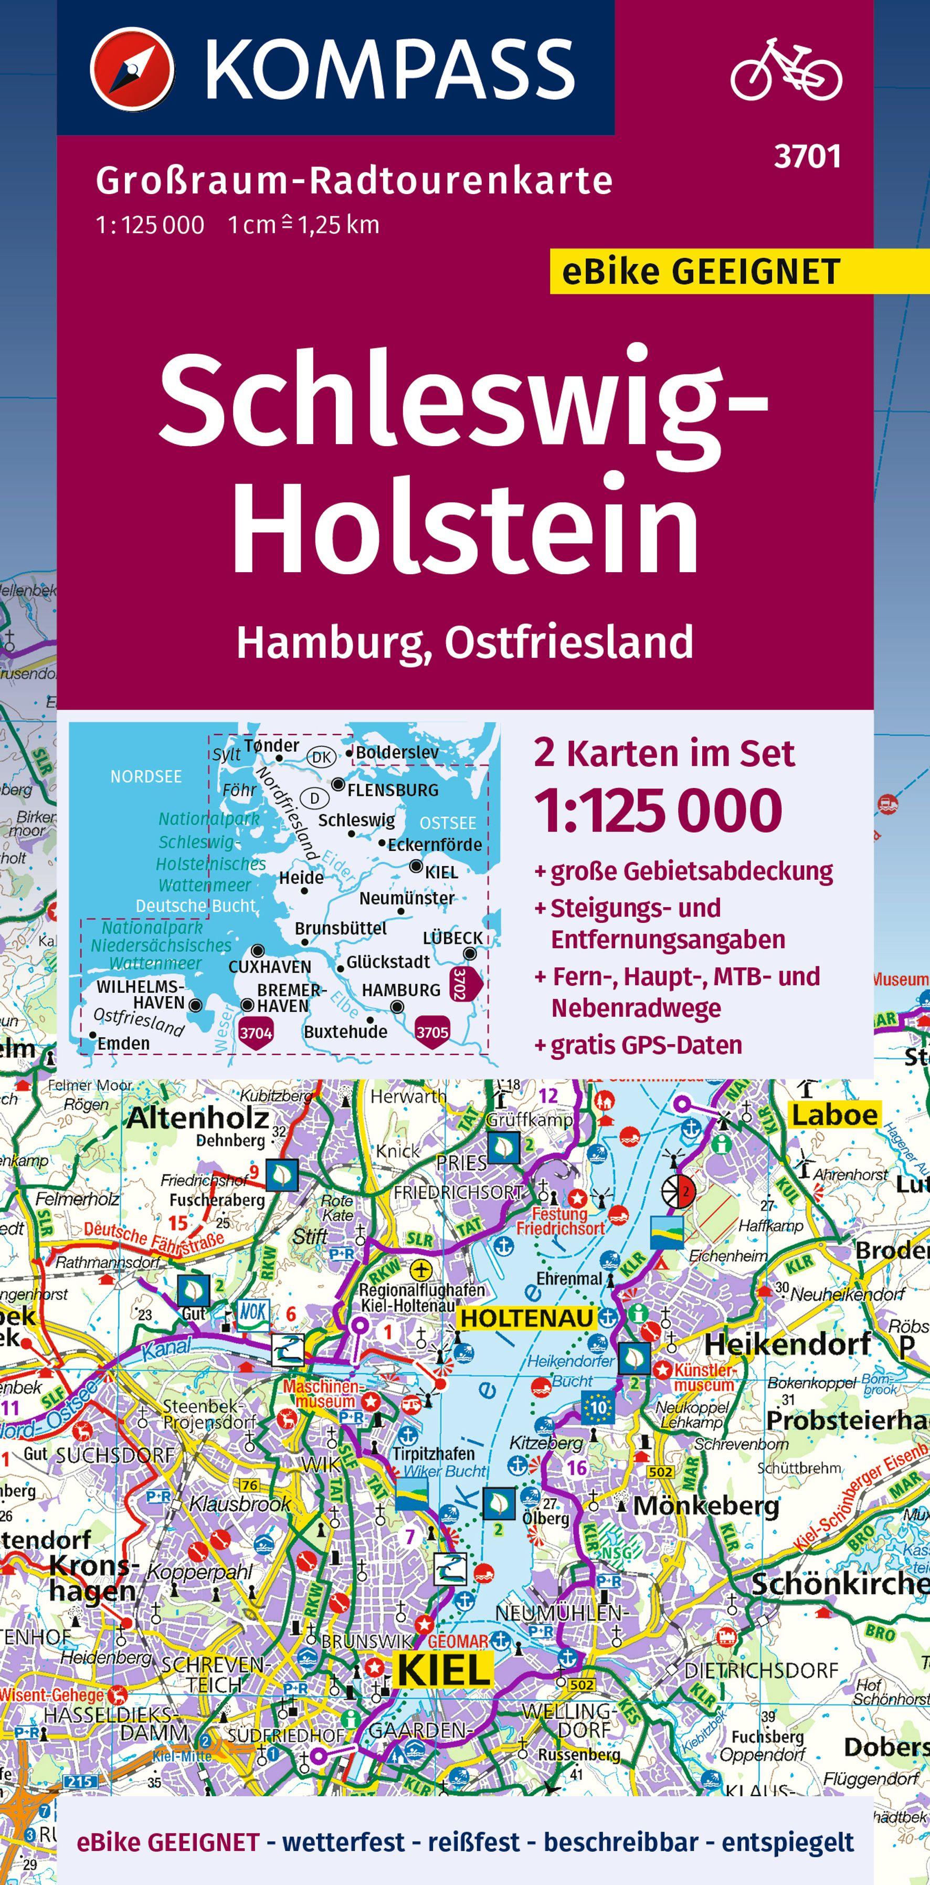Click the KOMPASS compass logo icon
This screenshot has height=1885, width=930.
(132, 68)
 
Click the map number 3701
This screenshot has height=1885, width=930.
(807, 156)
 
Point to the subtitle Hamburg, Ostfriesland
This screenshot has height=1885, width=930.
(464, 642)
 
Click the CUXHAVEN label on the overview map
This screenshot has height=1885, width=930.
(269, 967)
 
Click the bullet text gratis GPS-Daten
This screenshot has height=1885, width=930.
(646, 1045)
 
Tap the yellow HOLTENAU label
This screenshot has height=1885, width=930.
(527, 1318)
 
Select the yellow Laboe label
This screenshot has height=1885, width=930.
(834, 1114)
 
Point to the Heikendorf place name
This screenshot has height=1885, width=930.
(787, 1343)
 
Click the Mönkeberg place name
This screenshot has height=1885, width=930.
(705, 1505)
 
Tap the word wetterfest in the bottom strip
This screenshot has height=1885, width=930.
(343, 1842)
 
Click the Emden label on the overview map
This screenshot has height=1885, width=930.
(123, 1042)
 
